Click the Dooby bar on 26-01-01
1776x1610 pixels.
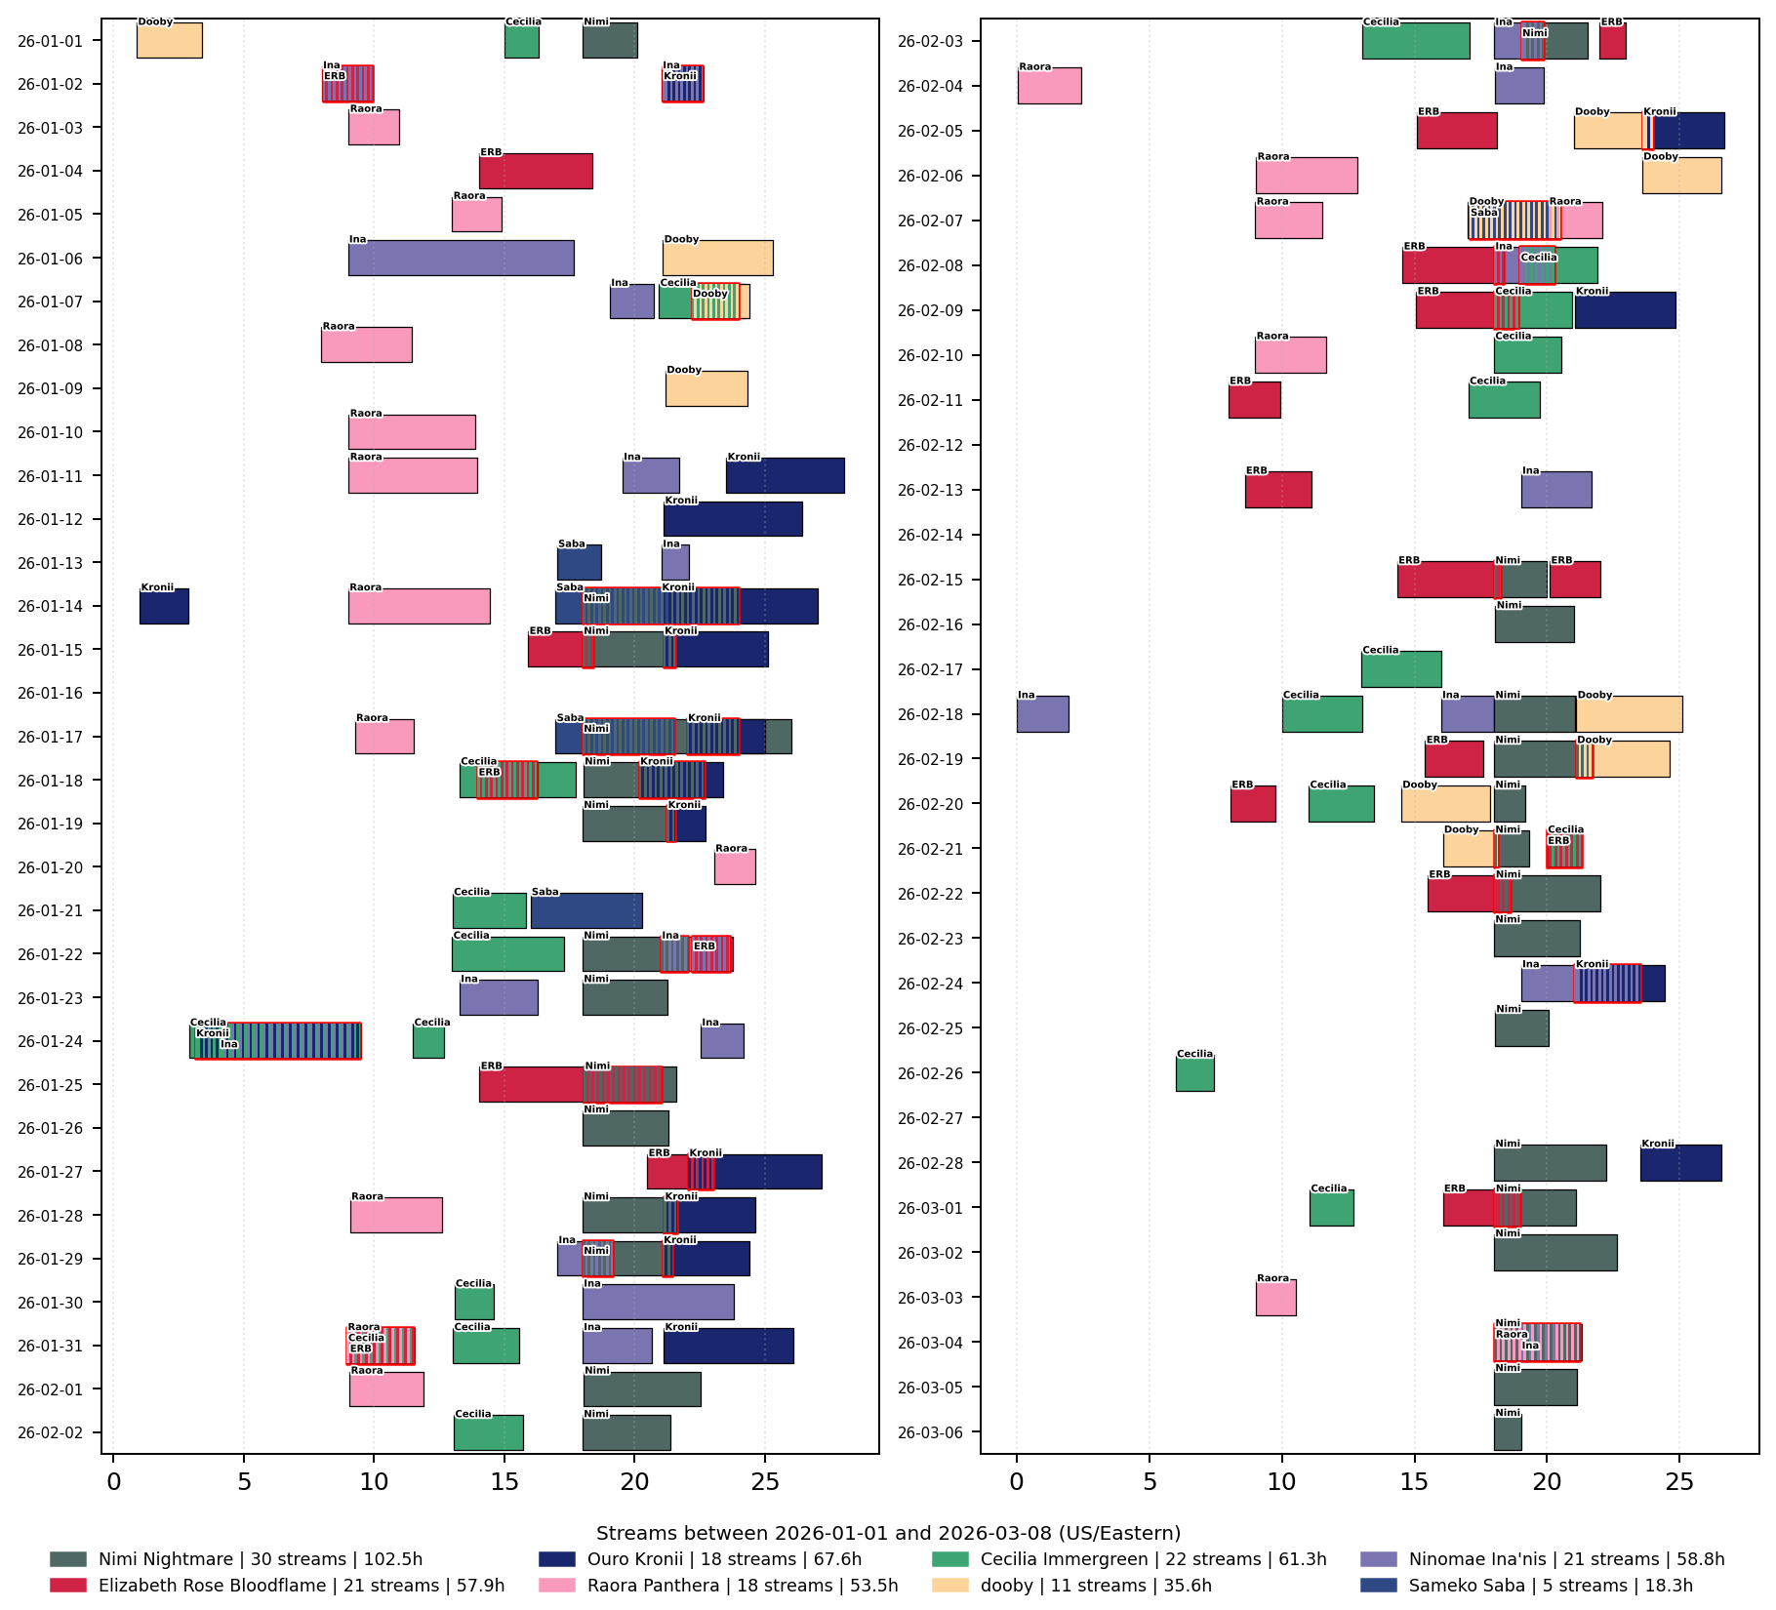tap(169, 41)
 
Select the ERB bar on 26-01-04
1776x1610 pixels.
tap(536, 172)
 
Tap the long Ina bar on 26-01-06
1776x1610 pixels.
tap(461, 259)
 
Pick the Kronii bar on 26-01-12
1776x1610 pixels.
tap(733, 519)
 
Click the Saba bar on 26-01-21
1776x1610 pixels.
tap(586, 911)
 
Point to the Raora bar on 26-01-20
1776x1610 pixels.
tap(735, 867)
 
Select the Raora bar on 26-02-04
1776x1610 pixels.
tap(1049, 86)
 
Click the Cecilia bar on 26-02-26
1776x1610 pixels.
tap(1194, 1074)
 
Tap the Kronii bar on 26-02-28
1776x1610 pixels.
tap(1680, 1163)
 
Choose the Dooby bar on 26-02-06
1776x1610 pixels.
tap(1681, 177)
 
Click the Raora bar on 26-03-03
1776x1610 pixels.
tap(1275, 1298)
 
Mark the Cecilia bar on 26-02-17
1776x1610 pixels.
tap(1400, 669)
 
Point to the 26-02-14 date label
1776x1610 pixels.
tap(930, 535)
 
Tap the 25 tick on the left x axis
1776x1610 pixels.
tap(765, 1482)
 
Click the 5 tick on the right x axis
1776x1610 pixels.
tap(1150, 1482)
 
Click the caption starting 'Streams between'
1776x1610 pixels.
tap(888, 1533)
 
